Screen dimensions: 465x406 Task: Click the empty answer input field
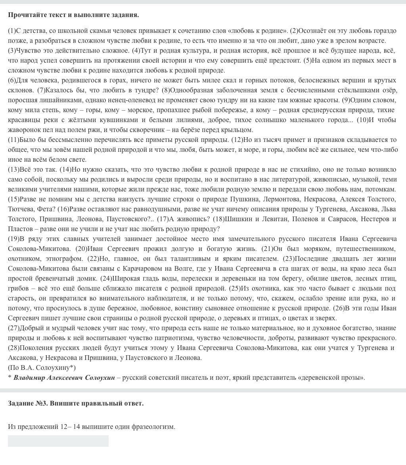pos(58,441)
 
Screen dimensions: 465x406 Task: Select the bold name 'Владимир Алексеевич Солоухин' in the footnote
pos(64,377)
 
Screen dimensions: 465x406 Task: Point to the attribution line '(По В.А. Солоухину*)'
pos(42,367)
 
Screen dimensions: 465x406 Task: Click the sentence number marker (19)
pos(13,239)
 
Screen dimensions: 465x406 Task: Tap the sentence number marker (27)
pos(13,328)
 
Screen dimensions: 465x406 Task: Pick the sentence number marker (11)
pos(13,140)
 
